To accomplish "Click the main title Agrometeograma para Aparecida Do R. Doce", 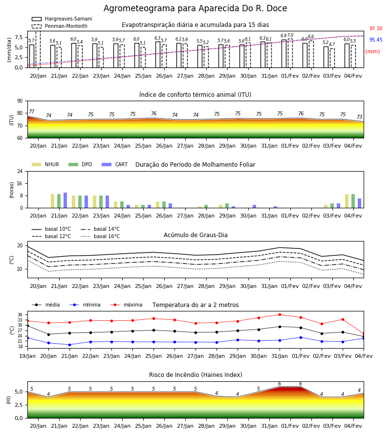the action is pyautogui.click(x=195, y=8).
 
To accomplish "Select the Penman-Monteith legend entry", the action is pyautogui.click(x=60, y=26).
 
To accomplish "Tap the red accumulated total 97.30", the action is pyautogui.click(x=376, y=28).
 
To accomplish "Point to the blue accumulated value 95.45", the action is pyautogui.click(x=376, y=40).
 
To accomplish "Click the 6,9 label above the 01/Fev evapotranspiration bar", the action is pyautogui.click(x=283, y=36).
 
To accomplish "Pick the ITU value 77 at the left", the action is pyautogui.click(x=31, y=111).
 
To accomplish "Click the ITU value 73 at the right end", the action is pyautogui.click(x=359, y=117).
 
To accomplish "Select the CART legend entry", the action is pyautogui.click(x=115, y=164).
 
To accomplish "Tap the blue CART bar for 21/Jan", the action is pyautogui.click(x=65, y=200).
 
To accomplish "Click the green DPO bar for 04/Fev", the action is pyautogui.click(x=353, y=201).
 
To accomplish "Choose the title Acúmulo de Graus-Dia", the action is pyautogui.click(x=195, y=235).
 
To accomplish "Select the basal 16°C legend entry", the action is pyautogui.click(x=100, y=236).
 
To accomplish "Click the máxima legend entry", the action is pyautogui.click(x=126, y=305).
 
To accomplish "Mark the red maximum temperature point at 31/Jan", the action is pyautogui.click(x=280, y=314).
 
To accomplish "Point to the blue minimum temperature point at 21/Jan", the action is pyautogui.click(x=69, y=345).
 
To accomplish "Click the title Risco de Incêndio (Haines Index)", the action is pyautogui.click(x=195, y=374).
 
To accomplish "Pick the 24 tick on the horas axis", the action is pyautogui.click(x=20, y=171).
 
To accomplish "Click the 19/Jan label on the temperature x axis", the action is pyautogui.click(x=27, y=356).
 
